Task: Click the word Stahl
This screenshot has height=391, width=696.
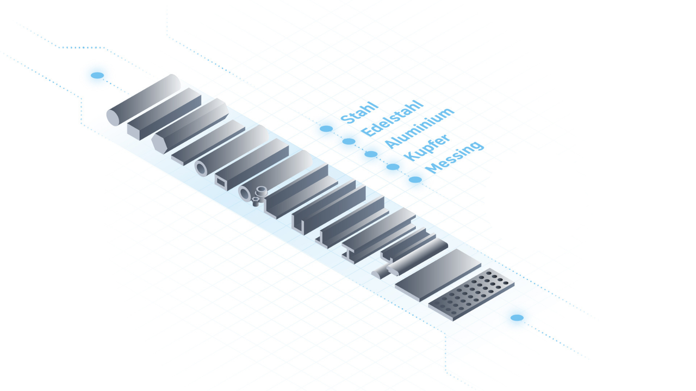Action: click(x=359, y=112)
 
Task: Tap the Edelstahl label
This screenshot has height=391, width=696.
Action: click(x=392, y=118)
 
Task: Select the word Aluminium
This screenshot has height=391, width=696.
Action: click(x=419, y=128)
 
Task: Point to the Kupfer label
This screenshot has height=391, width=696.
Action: click(x=427, y=147)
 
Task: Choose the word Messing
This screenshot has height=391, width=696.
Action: click(x=454, y=157)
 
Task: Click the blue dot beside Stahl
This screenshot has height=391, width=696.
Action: click(x=326, y=129)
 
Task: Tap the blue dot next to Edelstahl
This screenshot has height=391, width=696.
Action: click(x=349, y=142)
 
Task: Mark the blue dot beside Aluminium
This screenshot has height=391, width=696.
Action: click(x=371, y=154)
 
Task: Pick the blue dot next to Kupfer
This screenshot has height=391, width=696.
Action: click(x=393, y=167)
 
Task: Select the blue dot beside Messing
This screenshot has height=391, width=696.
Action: click(x=415, y=180)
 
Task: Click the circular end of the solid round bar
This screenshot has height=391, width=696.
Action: click(x=113, y=118)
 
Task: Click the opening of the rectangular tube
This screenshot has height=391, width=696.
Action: click(x=221, y=182)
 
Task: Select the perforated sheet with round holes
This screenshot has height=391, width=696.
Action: click(x=471, y=294)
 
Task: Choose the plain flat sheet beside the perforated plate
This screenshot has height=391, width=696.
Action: click(x=438, y=275)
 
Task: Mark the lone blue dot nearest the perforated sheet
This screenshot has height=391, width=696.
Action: click(x=517, y=318)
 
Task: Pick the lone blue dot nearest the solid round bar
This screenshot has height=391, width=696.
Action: click(x=97, y=75)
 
